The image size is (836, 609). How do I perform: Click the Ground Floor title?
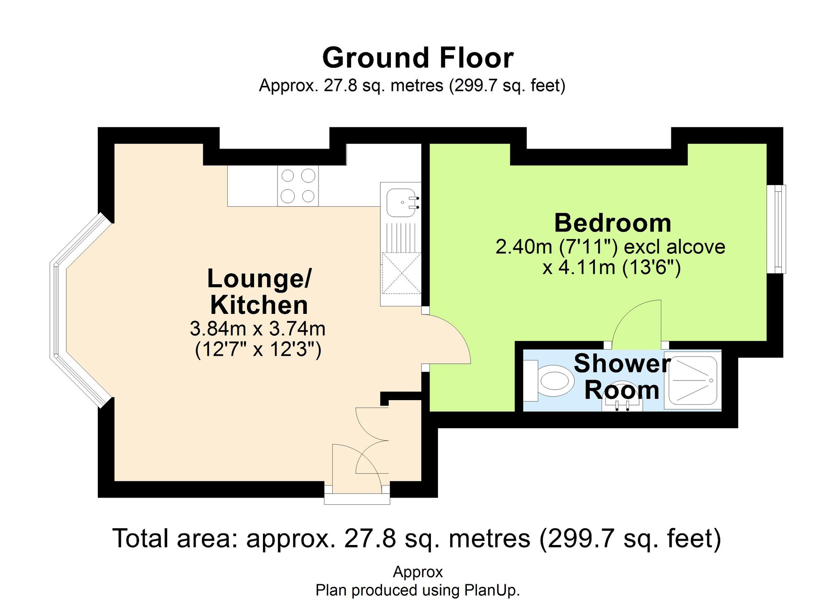[418, 58]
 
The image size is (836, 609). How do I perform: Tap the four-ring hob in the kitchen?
[298, 186]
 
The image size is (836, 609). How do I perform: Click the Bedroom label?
[612, 223]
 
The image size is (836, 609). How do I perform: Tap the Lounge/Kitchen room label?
[259, 292]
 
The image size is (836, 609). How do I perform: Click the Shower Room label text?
[622, 377]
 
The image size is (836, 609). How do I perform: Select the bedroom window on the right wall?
[777, 229]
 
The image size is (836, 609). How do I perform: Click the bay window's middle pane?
[58, 310]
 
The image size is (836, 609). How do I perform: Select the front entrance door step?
[357, 499]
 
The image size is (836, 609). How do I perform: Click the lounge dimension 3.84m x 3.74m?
[257, 329]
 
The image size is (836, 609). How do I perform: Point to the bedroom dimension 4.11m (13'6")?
[612, 267]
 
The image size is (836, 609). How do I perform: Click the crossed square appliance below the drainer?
[401, 273]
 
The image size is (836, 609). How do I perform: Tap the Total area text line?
[417, 539]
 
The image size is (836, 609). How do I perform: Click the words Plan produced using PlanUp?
[418, 591]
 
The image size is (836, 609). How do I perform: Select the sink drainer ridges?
[401, 237]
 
